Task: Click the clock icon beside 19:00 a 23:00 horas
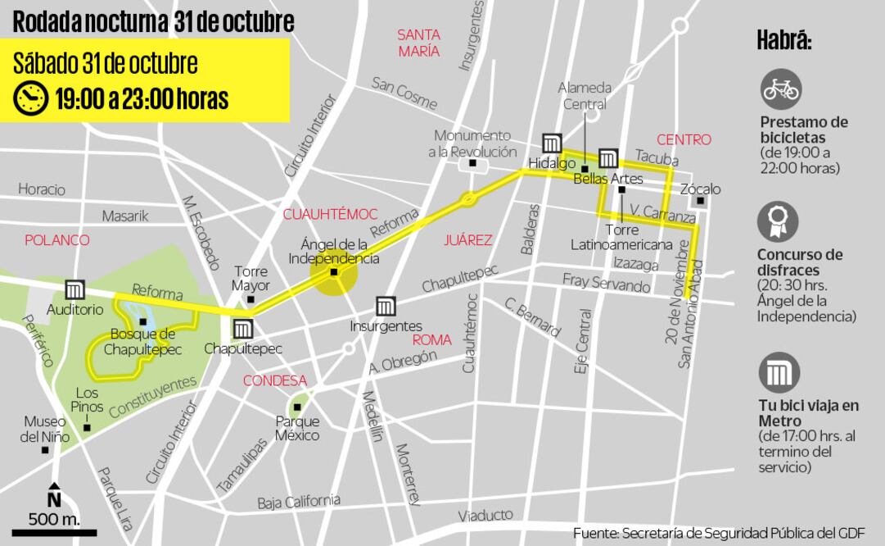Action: tap(31, 98)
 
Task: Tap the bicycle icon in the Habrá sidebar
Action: tap(780, 89)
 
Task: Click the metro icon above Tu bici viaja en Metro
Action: tap(779, 374)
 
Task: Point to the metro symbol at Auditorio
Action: tap(75, 289)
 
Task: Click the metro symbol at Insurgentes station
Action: tap(386, 307)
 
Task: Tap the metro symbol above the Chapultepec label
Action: tap(242, 329)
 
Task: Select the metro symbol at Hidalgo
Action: tap(552, 143)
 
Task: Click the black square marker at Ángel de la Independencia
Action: tap(334, 272)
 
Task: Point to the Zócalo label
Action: tap(701, 189)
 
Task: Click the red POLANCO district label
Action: tap(56, 240)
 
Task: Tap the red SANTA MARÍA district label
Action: tap(419, 43)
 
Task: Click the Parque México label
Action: tap(297, 428)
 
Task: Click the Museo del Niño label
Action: tap(45, 429)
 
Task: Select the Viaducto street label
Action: tap(485, 515)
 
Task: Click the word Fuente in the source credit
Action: tap(595, 533)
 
